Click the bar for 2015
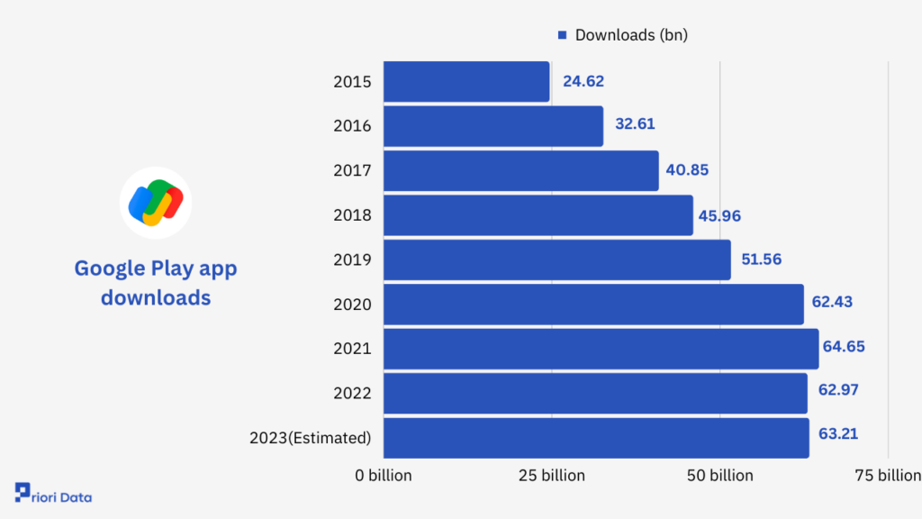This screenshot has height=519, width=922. pyautogui.click(x=466, y=81)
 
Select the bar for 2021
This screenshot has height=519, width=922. pyautogui.click(x=601, y=349)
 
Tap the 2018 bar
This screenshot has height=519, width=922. pyautogui.click(x=538, y=215)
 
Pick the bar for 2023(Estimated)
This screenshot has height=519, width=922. pyautogui.click(x=596, y=438)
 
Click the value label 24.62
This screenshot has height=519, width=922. pyautogui.click(x=583, y=81)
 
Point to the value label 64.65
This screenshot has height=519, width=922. pyautogui.click(x=843, y=346)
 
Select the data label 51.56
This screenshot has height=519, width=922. pyautogui.click(x=760, y=259)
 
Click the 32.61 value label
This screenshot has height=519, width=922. pyautogui.click(x=635, y=124)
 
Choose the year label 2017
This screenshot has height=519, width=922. pyautogui.click(x=352, y=170)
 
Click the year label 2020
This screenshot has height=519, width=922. pyautogui.click(x=352, y=305)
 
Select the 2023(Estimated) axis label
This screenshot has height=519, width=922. pyautogui.click(x=310, y=439)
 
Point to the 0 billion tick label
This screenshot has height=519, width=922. pyautogui.click(x=383, y=475)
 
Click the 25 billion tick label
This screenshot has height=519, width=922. pyautogui.click(x=551, y=475)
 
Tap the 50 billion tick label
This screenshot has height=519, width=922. pyautogui.click(x=719, y=475)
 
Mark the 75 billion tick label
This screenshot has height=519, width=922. pyautogui.click(x=887, y=475)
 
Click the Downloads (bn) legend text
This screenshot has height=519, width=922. pyautogui.click(x=631, y=35)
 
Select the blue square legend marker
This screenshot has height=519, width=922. pyautogui.click(x=562, y=35)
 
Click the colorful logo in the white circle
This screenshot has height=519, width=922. pyautogui.click(x=156, y=203)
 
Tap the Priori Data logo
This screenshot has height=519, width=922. pyautogui.click(x=53, y=496)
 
